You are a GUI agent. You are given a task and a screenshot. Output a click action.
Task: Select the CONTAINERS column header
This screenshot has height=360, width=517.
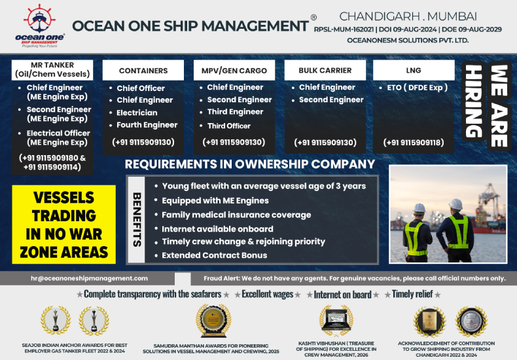[143, 71]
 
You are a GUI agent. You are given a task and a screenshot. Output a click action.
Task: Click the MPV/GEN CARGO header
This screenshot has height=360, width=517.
[234, 71]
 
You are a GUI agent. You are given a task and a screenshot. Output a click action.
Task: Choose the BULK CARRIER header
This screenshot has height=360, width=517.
[325, 70]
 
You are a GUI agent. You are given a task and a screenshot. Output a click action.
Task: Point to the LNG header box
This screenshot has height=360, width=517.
[414, 70]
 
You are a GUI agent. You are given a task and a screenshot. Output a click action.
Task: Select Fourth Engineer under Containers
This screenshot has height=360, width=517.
[147, 125]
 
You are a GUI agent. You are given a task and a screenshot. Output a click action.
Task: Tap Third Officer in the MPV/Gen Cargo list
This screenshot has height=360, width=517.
[228, 126]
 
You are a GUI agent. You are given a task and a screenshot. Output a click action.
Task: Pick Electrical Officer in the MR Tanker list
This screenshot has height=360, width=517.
[58, 137]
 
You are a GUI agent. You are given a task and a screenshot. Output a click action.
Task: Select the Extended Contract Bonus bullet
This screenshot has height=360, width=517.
[214, 255]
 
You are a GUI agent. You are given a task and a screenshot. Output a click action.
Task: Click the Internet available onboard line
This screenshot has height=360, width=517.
[217, 229]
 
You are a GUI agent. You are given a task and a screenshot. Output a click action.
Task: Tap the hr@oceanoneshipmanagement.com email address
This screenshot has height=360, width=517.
[89, 278]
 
